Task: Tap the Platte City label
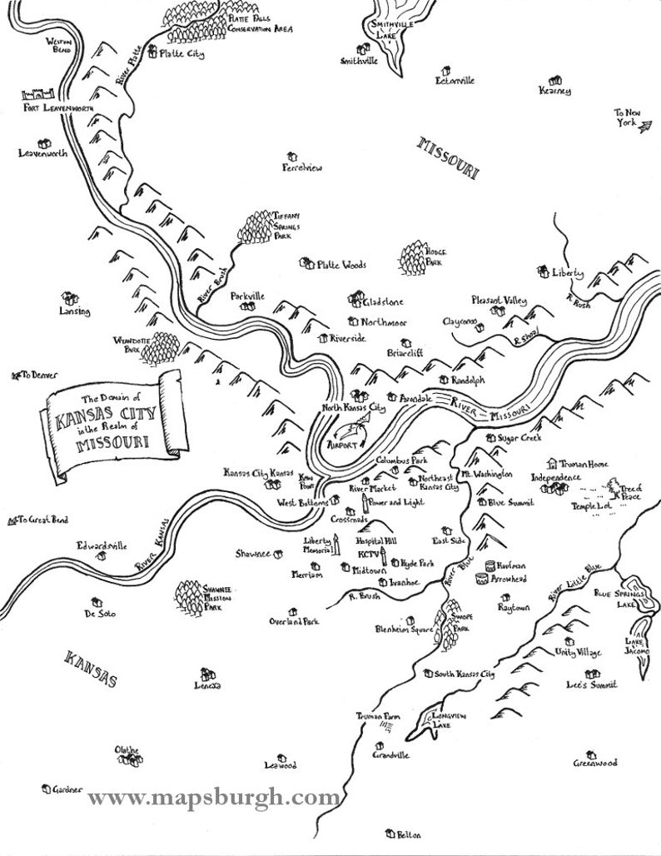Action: (x=181, y=55)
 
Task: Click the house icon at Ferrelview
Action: (x=291, y=156)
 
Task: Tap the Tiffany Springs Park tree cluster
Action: (x=258, y=225)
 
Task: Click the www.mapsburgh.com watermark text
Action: (x=213, y=797)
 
